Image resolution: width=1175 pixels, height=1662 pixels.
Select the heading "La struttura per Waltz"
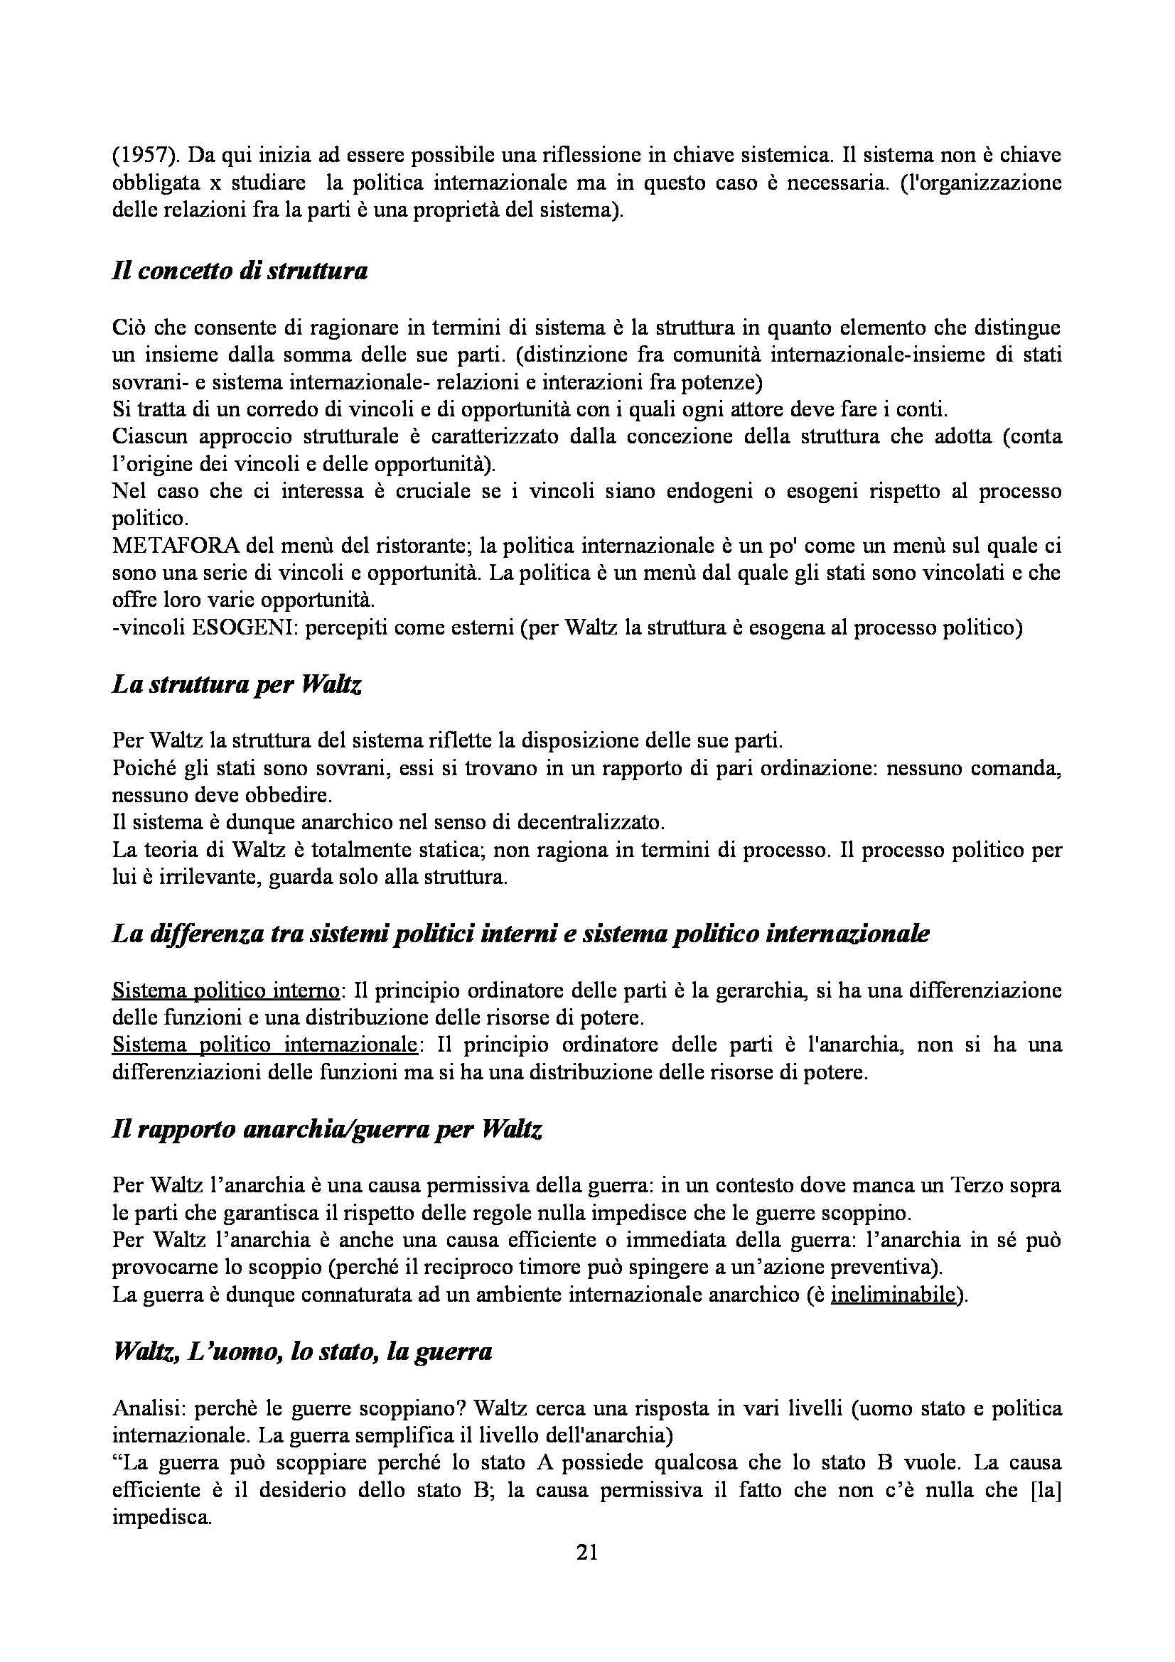coord(237,684)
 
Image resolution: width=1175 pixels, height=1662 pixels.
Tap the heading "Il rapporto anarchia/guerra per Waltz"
coord(327,1129)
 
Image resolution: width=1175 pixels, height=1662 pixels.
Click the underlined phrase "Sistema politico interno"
coord(225,990)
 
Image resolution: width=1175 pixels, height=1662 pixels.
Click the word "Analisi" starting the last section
coord(143,1407)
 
